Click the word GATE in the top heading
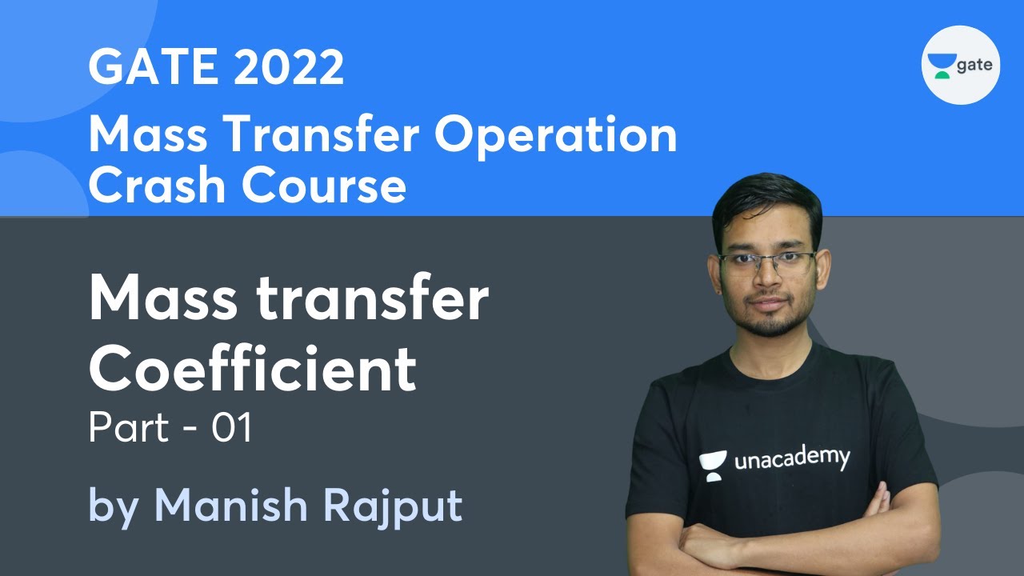[x=153, y=68]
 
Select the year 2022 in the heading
[x=290, y=68]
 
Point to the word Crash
[x=157, y=186]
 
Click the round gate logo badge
[x=961, y=65]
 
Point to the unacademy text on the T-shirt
[x=791, y=459]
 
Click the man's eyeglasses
[x=766, y=262]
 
